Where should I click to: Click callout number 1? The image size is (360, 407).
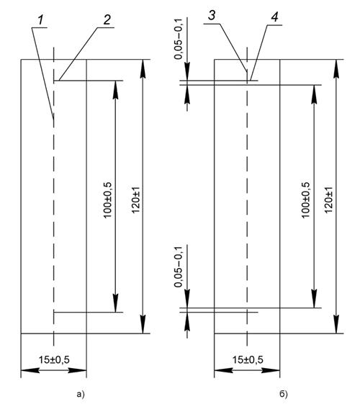pyautogui.click(x=40, y=19)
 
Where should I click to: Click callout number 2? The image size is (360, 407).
pyautogui.click(x=107, y=19)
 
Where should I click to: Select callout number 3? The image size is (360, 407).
pyautogui.click(x=212, y=16)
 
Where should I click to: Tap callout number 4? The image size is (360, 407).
pyautogui.click(x=274, y=17)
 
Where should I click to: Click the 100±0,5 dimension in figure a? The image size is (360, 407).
pyautogui.click(x=107, y=200)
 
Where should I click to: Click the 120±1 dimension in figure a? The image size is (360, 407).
pyautogui.click(x=135, y=200)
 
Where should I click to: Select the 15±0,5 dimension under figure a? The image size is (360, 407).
pyautogui.click(x=54, y=359)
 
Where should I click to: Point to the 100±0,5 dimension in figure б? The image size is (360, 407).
pyautogui.click(x=306, y=200)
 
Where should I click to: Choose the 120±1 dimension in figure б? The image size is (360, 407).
pyautogui.click(x=328, y=200)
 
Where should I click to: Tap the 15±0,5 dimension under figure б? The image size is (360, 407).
pyautogui.click(x=248, y=359)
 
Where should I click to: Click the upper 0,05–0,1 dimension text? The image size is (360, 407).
pyautogui.click(x=179, y=39)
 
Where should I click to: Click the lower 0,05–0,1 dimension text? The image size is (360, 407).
pyautogui.click(x=179, y=267)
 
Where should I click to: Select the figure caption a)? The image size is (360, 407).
pyautogui.click(x=81, y=395)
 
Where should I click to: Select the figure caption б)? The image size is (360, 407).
pyautogui.click(x=284, y=395)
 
